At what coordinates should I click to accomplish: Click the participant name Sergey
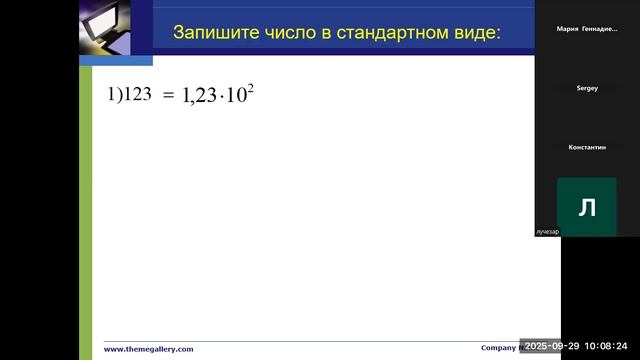[587, 88]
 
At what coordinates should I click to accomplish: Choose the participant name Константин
[587, 147]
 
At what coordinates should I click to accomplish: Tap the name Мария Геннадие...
[587, 29]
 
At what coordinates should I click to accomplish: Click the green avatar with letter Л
[587, 207]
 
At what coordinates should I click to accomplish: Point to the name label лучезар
[547, 231]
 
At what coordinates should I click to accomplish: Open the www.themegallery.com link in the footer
[149, 349]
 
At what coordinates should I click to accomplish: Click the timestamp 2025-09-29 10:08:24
[579, 345]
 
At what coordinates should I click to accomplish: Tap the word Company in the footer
[498, 348]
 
